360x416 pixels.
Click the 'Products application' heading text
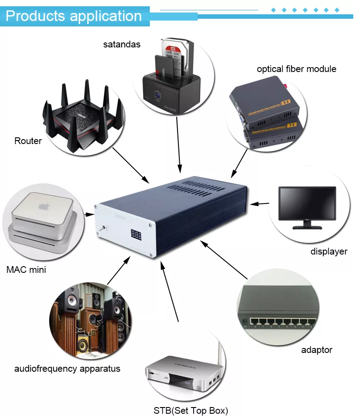(x=74, y=17)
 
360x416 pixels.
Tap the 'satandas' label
(x=122, y=44)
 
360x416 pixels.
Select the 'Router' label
(x=28, y=141)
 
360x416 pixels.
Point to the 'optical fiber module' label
(x=296, y=69)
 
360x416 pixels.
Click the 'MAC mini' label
(x=26, y=270)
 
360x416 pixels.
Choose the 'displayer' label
(x=329, y=251)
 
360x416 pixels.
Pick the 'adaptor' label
(x=317, y=350)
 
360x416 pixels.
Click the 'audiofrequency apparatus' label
(x=67, y=369)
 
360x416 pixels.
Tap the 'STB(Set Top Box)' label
(x=191, y=410)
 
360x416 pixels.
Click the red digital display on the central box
(x=136, y=234)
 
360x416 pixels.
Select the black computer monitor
(x=307, y=204)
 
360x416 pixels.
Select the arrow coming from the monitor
(x=259, y=204)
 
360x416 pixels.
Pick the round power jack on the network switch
(x=245, y=321)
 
